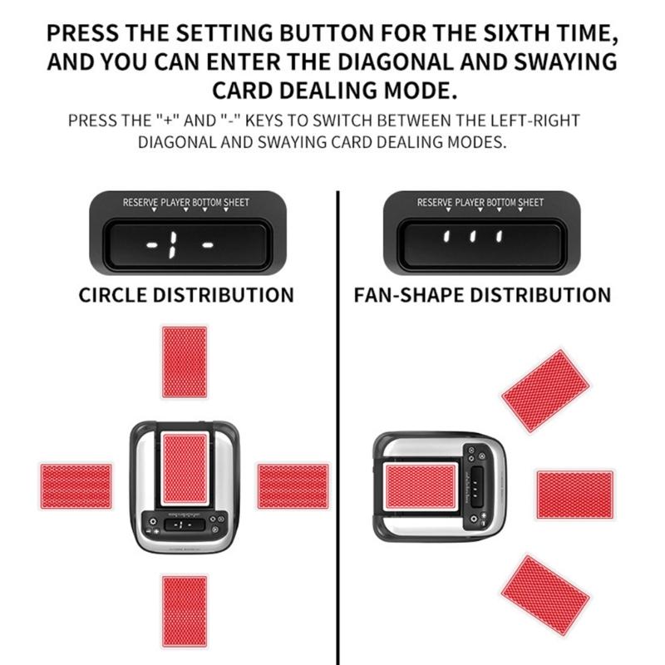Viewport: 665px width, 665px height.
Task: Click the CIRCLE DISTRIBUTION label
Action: click(x=186, y=295)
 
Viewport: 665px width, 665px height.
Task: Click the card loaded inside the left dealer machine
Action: click(x=185, y=467)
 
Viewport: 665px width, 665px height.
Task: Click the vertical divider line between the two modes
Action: click(x=338, y=416)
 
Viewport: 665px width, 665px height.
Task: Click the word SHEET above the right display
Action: click(x=530, y=202)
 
